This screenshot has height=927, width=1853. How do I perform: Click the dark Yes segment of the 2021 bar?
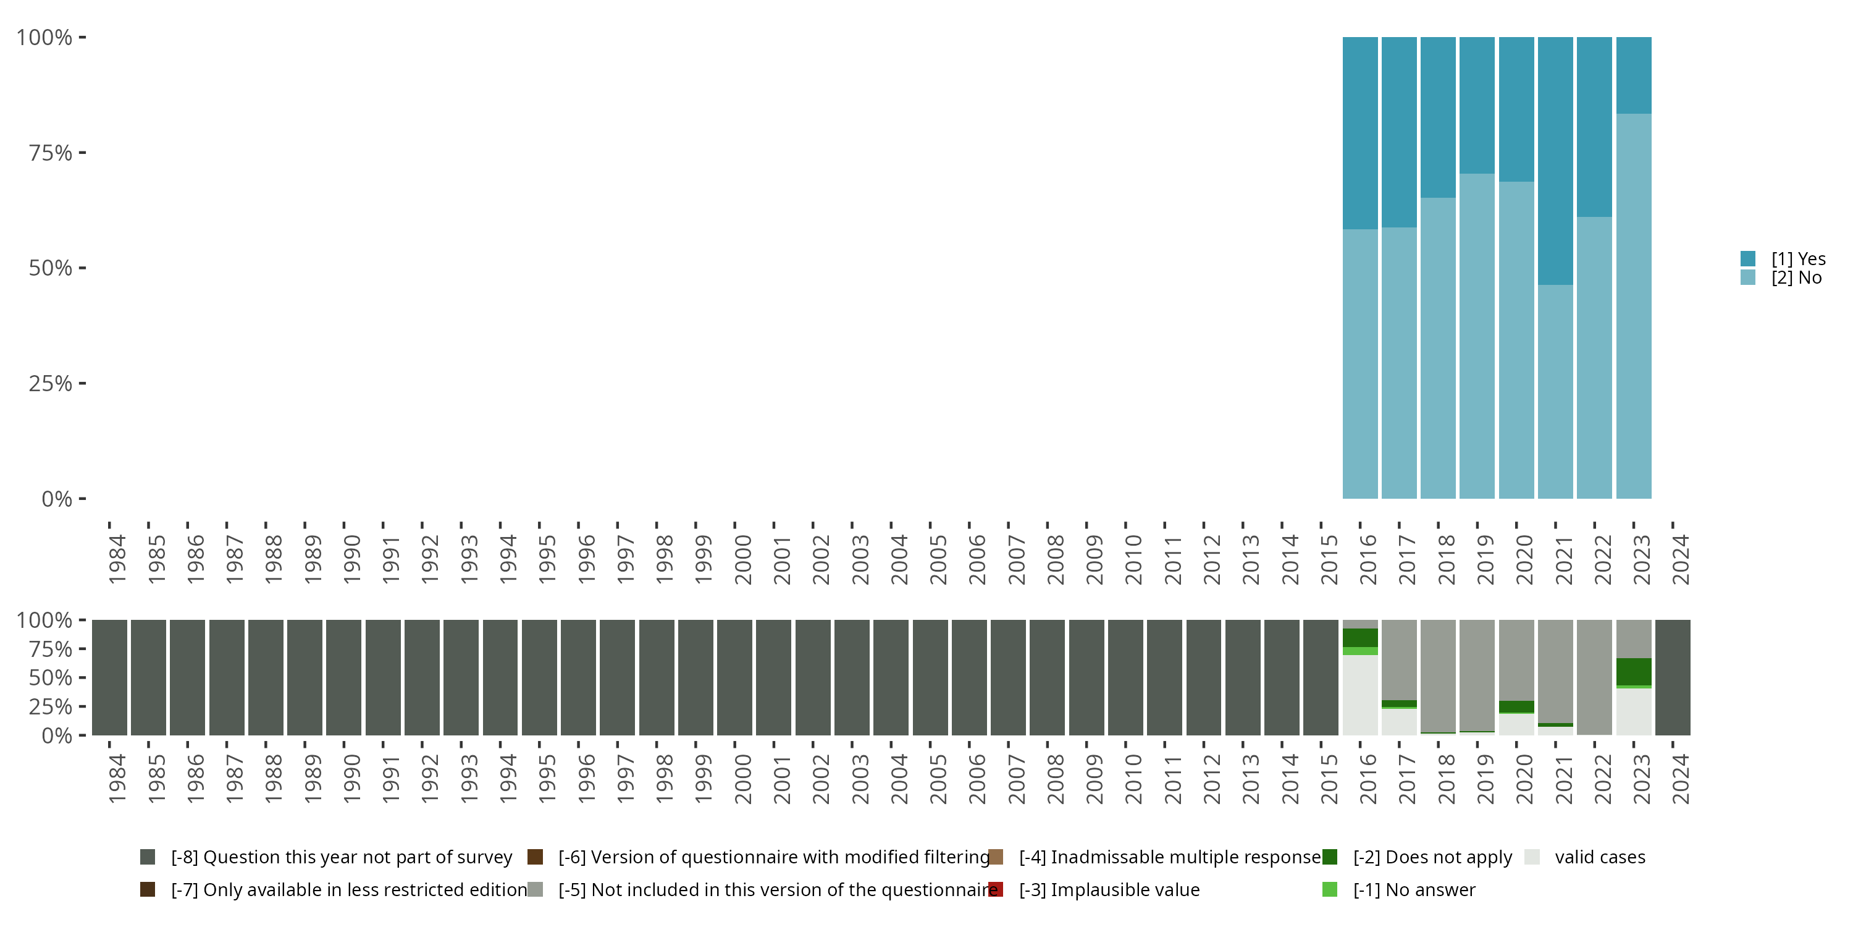coord(1555,161)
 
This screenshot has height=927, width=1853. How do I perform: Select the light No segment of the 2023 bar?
coord(1633,306)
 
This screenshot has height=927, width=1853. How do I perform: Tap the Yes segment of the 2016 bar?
coord(1359,133)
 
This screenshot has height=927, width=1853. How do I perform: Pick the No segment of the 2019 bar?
coord(1477,336)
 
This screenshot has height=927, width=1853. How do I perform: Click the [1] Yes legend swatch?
coord(1748,258)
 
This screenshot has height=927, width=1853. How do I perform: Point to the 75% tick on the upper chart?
coord(82,153)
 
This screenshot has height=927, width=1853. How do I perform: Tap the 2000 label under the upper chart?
coord(742,559)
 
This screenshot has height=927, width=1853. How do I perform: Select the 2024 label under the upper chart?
coord(1679,559)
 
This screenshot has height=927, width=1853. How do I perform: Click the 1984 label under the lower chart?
coord(117,779)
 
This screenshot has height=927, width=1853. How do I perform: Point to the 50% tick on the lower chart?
coord(82,677)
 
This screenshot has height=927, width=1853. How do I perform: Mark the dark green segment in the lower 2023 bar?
coord(1633,672)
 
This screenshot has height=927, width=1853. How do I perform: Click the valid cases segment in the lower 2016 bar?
coord(1359,695)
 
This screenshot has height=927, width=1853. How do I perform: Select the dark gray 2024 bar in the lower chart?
coord(1673,677)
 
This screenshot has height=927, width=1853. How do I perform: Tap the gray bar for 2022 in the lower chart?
coord(1594,677)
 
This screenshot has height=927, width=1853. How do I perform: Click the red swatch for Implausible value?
coord(996,889)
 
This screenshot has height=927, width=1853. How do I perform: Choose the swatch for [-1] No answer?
coord(1329,889)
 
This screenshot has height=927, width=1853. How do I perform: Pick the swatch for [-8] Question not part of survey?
coord(148,857)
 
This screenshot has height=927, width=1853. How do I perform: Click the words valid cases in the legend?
coord(1600,857)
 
